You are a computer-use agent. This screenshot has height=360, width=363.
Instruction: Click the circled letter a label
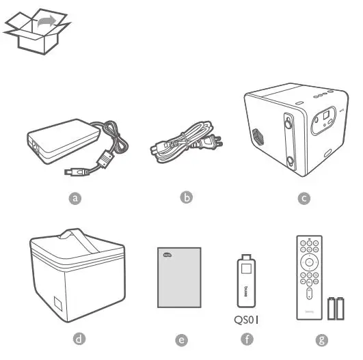(77, 198)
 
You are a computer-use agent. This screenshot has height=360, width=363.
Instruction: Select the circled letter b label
(186, 197)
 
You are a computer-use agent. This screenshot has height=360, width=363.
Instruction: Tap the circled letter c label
(304, 198)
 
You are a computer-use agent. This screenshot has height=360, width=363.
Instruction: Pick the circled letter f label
(247, 338)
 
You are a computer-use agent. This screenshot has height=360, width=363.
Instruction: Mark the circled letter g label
(315, 338)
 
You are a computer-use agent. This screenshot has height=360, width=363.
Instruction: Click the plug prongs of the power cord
(219, 141)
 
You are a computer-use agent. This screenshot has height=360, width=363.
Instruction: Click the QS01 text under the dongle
(247, 319)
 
